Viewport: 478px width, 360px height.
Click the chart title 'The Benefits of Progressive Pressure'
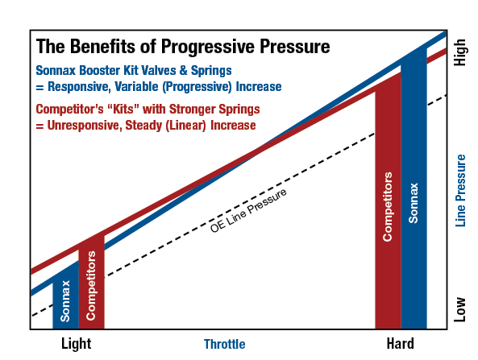(x=183, y=47)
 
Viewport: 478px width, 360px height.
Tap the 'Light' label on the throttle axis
(x=77, y=344)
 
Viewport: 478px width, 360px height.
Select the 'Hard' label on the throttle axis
(x=401, y=344)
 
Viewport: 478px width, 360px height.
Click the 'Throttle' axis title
(x=224, y=344)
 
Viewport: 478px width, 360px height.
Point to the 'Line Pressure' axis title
(x=460, y=191)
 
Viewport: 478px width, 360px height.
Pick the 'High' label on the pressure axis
(x=460, y=52)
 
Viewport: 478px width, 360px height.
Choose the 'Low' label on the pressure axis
(x=460, y=309)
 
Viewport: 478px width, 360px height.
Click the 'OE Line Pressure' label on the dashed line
(x=248, y=210)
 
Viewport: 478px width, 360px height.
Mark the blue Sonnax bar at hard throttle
(x=414, y=188)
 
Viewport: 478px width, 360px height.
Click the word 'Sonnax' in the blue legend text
(x=56, y=70)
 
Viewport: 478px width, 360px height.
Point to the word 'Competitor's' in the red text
(x=69, y=110)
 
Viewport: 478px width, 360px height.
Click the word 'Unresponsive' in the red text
(x=84, y=126)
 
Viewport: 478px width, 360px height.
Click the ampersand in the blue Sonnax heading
(x=183, y=70)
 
